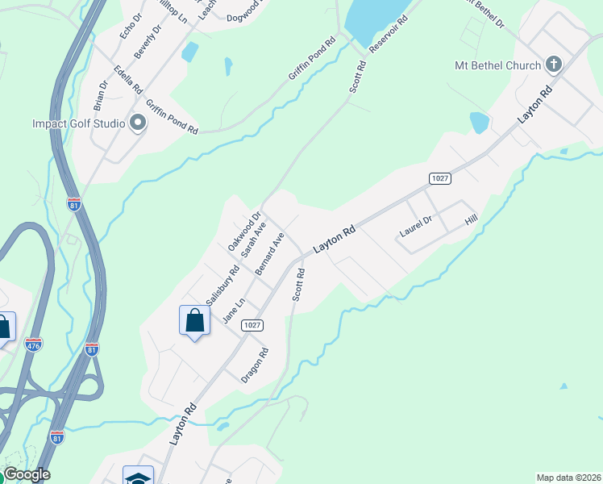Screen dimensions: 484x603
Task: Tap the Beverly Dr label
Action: (148, 40)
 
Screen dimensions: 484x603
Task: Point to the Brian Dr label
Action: (100, 95)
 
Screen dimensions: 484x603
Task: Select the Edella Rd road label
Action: (127, 79)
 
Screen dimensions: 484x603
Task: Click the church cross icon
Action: (553, 64)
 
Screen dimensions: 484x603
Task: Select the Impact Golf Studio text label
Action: (78, 123)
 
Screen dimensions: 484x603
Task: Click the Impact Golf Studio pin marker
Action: (138, 123)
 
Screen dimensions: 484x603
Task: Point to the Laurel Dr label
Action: (416, 226)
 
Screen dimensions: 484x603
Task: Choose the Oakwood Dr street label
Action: (244, 232)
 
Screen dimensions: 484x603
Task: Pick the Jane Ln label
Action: (233, 311)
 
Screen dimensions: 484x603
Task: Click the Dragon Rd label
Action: (254, 365)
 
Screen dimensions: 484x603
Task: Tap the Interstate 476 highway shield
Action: (33, 344)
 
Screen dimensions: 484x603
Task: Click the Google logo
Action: (27, 474)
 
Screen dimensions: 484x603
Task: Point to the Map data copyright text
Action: (568, 478)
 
